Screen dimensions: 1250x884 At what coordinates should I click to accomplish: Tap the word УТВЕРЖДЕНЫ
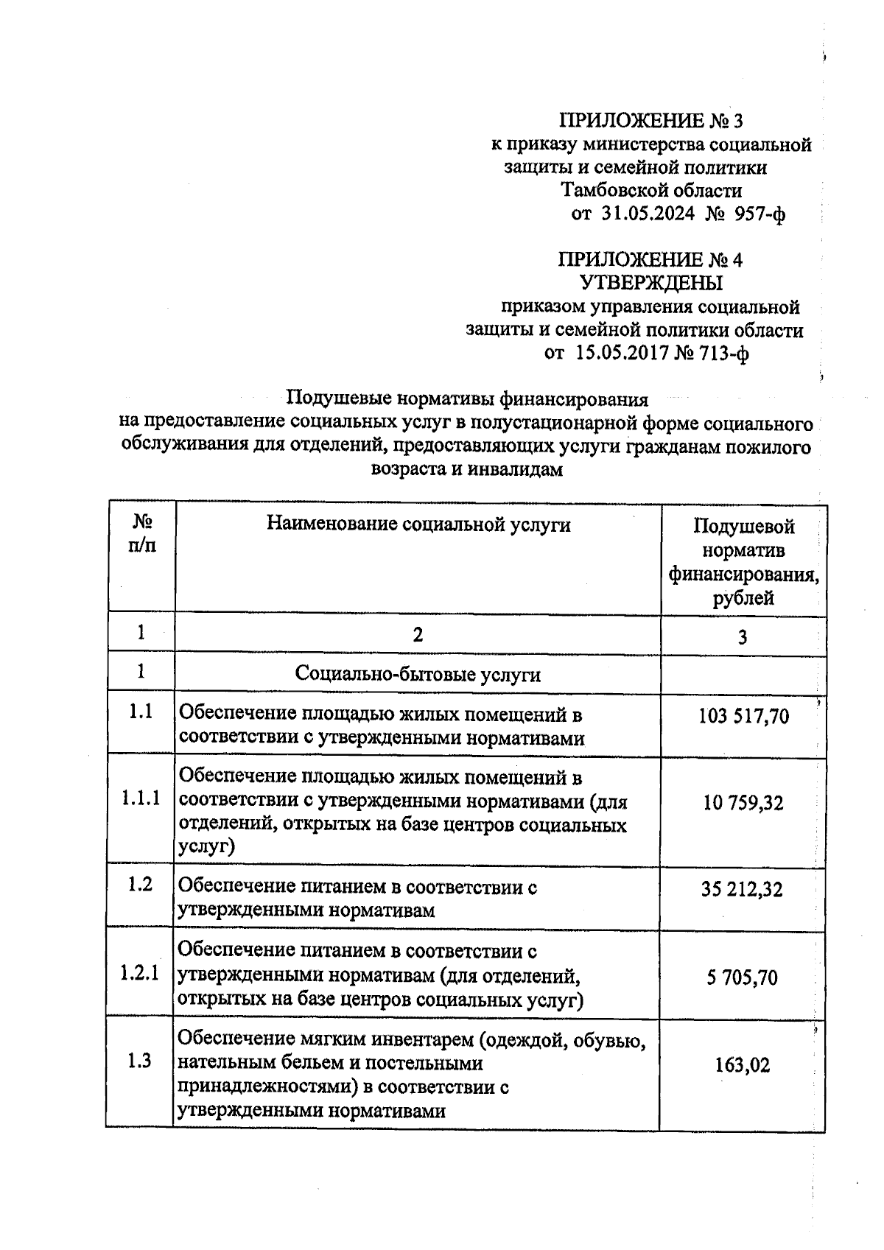(x=651, y=283)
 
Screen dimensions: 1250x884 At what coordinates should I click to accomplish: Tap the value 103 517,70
(x=743, y=716)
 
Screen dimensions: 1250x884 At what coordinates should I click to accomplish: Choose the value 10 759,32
(x=743, y=803)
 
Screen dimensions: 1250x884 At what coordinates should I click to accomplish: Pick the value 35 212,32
(x=742, y=890)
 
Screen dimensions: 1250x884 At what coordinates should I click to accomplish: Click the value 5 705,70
(x=742, y=978)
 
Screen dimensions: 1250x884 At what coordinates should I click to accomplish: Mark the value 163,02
(x=742, y=1065)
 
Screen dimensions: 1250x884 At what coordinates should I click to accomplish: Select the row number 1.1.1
(x=140, y=799)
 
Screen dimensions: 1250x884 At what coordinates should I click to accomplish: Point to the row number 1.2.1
(x=139, y=974)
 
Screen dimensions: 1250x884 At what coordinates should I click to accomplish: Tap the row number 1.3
(x=139, y=1061)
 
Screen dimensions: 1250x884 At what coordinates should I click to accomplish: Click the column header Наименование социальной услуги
(x=418, y=524)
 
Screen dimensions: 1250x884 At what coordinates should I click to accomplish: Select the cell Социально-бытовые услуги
(x=418, y=674)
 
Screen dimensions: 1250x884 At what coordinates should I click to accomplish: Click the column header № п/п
(x=141, y=535)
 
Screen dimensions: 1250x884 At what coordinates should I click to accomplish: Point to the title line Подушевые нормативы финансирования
(x=467, y=399)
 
